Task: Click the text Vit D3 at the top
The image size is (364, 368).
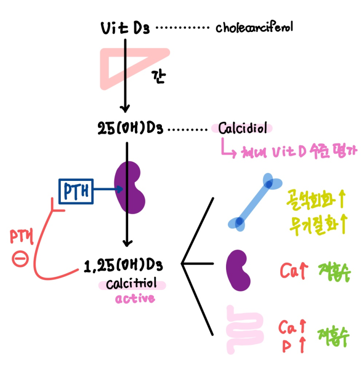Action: coord(125,28)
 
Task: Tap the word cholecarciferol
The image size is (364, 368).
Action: coord(254,28)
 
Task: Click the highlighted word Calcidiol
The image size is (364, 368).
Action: coord(243,128)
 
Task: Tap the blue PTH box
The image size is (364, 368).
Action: coord(76,191)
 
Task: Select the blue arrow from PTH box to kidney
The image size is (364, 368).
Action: coord(109,190)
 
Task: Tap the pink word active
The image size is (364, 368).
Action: coord(135,298)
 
